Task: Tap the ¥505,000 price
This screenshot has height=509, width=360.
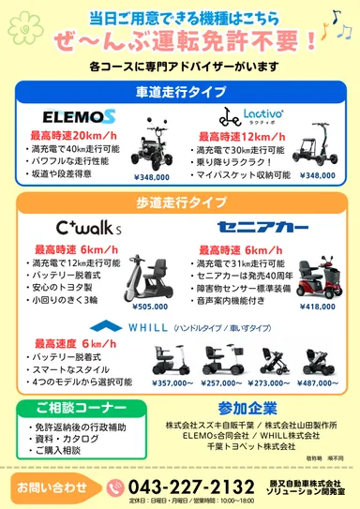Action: pyautogui.click(x=150, y=306)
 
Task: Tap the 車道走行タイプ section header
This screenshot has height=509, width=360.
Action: pyautogui.click(x=180, y=90)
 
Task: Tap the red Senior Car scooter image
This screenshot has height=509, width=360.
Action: pyautogui.click(x=314, y=272)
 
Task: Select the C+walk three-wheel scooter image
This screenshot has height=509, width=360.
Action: pyautogui.click(x=148, y=269)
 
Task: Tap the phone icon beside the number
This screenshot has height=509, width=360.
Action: pyautogui.click(x=115, y=487)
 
